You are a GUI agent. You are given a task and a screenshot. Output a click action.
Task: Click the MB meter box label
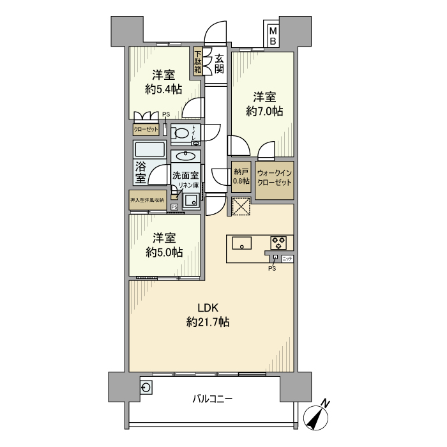273,35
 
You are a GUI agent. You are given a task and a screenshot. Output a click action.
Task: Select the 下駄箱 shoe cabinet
199,62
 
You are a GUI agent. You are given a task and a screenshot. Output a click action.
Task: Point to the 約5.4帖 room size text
163,89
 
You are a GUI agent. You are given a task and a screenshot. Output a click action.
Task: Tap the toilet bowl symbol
183,134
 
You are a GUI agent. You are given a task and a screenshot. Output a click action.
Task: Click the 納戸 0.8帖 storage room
241,176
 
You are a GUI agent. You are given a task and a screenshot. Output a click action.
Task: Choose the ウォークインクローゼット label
275,176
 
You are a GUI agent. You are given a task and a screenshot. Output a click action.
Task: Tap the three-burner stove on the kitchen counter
278,243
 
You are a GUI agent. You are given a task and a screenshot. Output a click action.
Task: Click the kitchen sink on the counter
241,243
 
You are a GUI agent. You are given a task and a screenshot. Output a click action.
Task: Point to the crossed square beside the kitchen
241,207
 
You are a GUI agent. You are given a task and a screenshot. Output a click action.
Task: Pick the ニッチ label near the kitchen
287,258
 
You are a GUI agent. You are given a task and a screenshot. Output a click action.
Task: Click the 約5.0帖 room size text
163,252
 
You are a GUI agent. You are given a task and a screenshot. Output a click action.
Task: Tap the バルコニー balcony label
213,400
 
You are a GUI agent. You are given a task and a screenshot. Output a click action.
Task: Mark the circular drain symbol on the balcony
146,387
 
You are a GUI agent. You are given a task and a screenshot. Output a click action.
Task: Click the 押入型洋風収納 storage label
148,200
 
